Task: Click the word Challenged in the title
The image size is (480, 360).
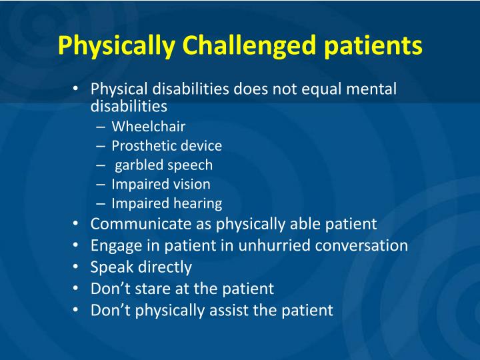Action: coord(246,46)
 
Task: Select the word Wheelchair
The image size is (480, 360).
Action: coord(148,126)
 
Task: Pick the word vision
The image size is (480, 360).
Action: coord(191,184)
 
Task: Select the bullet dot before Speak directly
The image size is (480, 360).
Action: coord(77,267)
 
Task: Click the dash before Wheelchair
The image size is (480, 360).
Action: coord(99,127)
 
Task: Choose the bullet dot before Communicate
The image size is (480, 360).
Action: coord(77,223)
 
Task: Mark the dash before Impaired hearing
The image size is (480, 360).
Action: coord(99,204)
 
